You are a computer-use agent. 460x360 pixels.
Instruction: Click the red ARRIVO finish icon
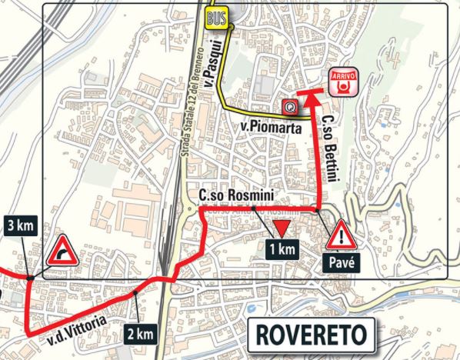click(x=340, y=79)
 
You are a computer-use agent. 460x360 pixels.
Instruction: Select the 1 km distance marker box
click(x=282, y=248)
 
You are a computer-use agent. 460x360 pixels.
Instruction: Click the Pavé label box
click(x=340, y=262)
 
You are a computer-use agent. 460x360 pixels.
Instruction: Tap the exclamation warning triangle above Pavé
click(x=340, y=234)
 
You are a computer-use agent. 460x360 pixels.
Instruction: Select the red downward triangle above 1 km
click(x=282, y=228)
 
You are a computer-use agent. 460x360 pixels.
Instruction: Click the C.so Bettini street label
click(x=329, y=144)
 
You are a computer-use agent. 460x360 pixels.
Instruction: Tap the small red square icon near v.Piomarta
click(x=291, y=107)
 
